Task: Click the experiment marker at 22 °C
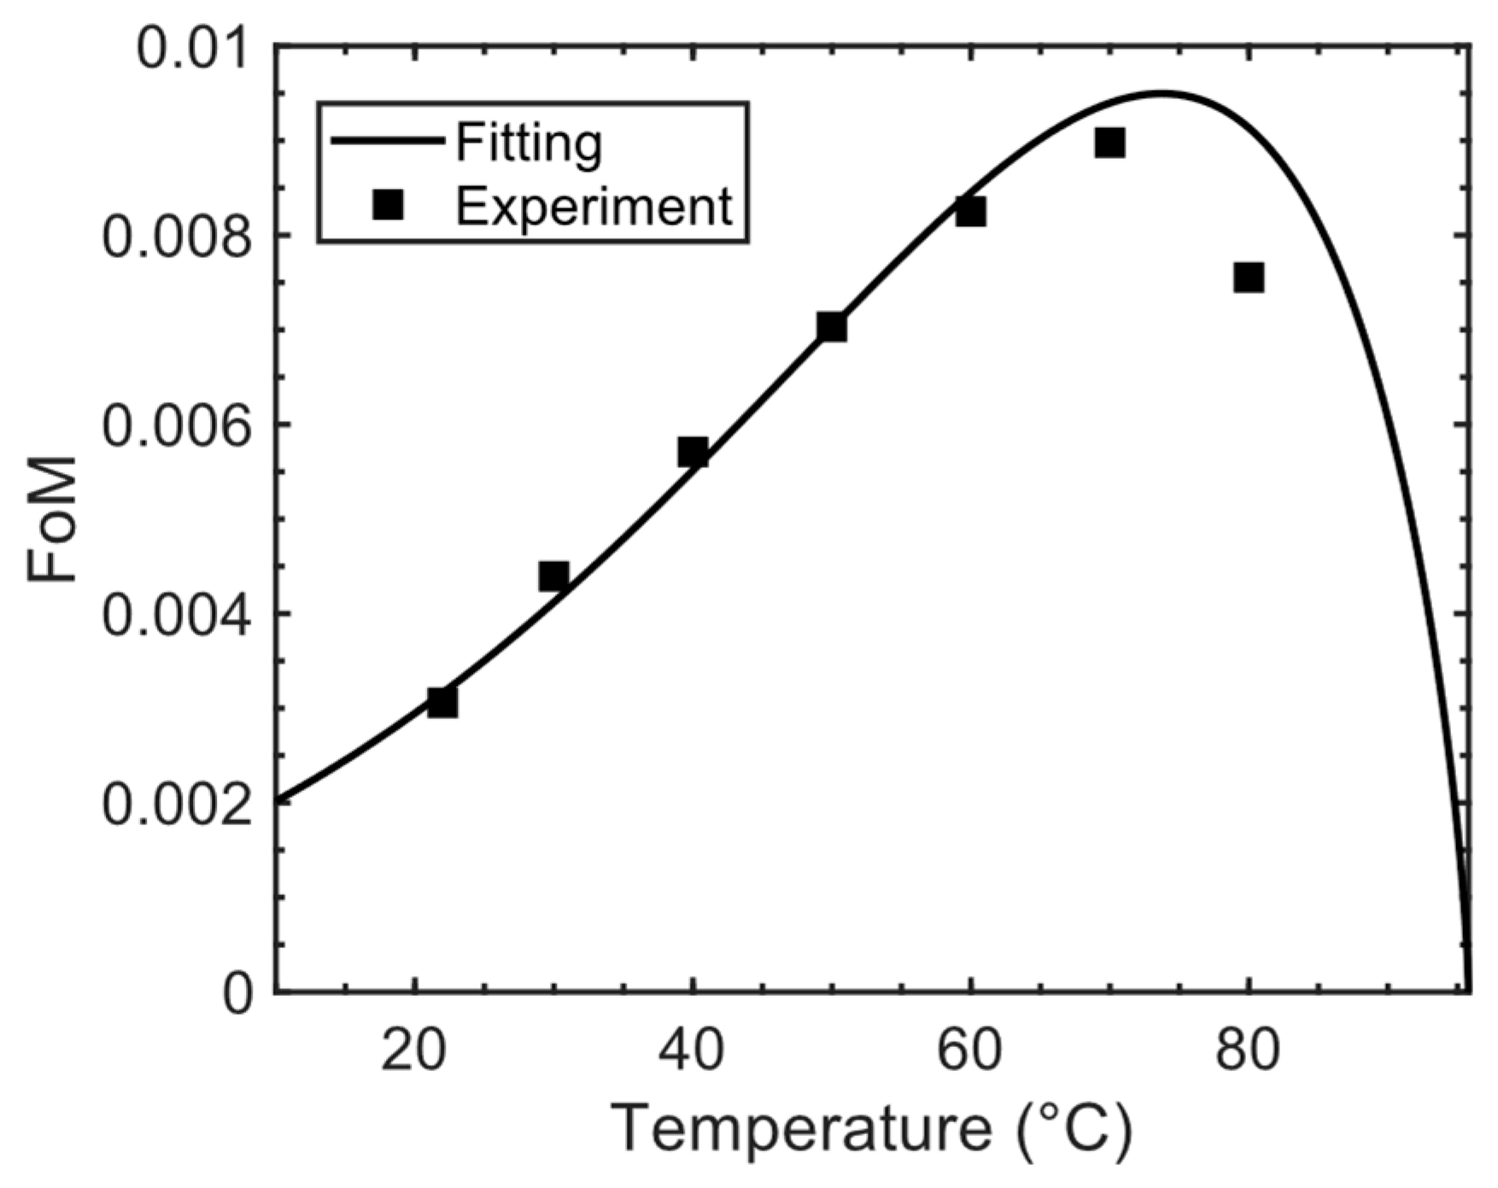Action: tap(442, 702)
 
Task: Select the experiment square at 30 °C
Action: tap(553, 576)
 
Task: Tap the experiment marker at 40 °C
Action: tap(693, 452)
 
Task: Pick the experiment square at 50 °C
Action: tap(831, 326)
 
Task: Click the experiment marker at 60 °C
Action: tap(970, 211)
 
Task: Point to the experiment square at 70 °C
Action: tap(1109, 143)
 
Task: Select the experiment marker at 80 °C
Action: tap(1249, 278)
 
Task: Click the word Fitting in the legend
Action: tap(529, 143)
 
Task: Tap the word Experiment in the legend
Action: tap(594, 206)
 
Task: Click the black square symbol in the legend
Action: tap(389, 206)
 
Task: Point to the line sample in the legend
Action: tap(388, 141)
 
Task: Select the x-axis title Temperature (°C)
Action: tap(872, 1130)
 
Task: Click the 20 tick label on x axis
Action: tap(413, 1051)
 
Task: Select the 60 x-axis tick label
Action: tap(970, 1051)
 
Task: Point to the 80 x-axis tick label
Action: tap(1249, 1051)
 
